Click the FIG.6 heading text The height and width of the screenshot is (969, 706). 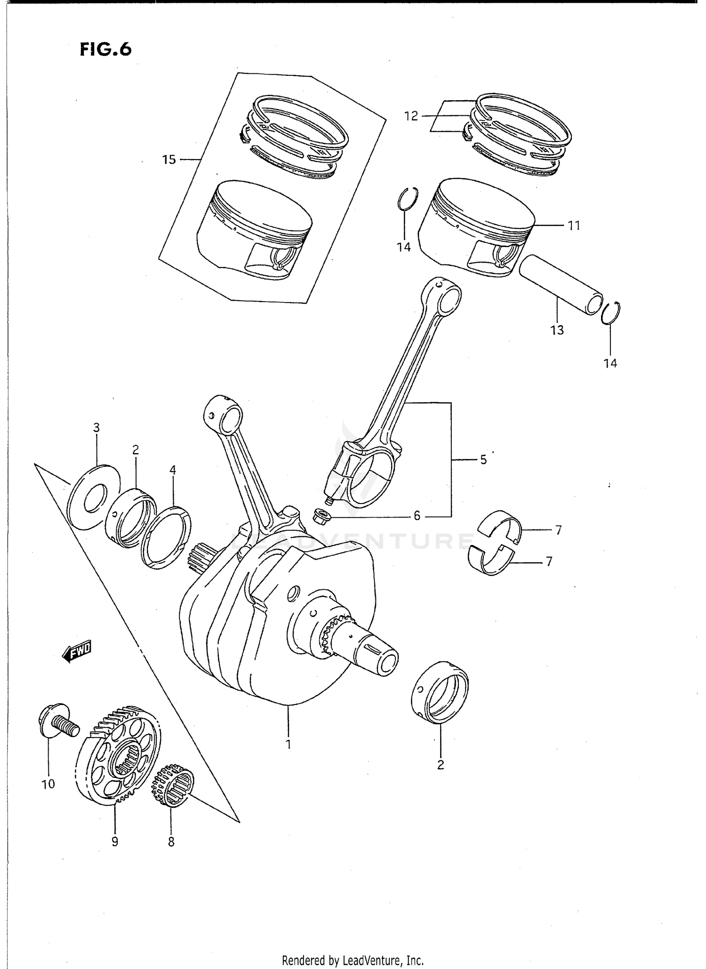tap(105, 49)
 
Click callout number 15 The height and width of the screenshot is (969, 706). tap(169, 160)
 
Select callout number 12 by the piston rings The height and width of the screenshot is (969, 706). tap(411, 116)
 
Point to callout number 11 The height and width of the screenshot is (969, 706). tap(573, 226)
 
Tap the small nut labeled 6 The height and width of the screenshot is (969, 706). tap(322, 516)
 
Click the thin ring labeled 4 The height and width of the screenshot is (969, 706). tap(166, 537)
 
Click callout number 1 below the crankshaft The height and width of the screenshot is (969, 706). tap(288, 745)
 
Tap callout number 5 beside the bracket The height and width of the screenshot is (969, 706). tap(483, 460)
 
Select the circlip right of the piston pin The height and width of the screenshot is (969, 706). tap(611, 312)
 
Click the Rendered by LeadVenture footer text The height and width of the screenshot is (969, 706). tap(353, 960)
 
